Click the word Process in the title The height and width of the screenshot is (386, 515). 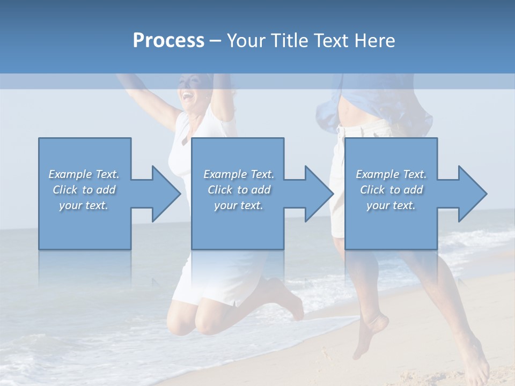[x=168, y=41]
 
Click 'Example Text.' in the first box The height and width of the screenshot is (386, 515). [x=84, y=174]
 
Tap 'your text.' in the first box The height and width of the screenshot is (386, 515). [x=84, y=205]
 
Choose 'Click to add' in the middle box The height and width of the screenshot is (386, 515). [x=239, y=190]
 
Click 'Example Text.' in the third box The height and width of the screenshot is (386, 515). [x=391, y=174]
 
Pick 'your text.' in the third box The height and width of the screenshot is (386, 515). [x=391, y=205]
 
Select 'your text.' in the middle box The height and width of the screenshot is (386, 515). [x=239, y=205]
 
